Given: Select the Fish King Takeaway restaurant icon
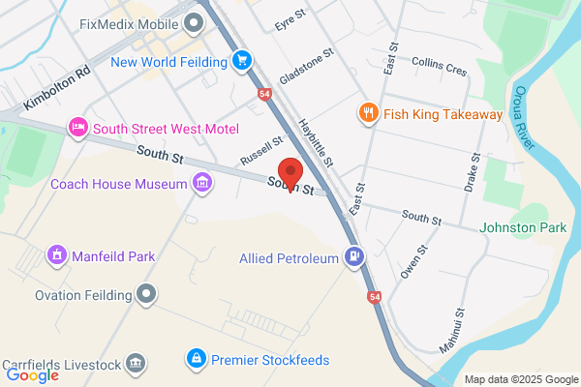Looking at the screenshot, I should [x=368, y=114].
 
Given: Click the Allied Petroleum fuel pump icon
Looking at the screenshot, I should [x=354, y=257].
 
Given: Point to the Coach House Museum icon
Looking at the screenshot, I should [x=202, y=183].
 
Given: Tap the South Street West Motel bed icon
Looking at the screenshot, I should [x=77, y=128].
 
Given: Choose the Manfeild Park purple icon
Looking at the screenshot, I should [x=57, y=256].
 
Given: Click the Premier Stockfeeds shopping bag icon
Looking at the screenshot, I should [x=197, y=360].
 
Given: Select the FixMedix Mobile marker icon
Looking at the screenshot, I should [x=194, y=20].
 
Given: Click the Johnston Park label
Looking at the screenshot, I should [x=523, y=228].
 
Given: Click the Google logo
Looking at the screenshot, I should [x=32, y=374].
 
